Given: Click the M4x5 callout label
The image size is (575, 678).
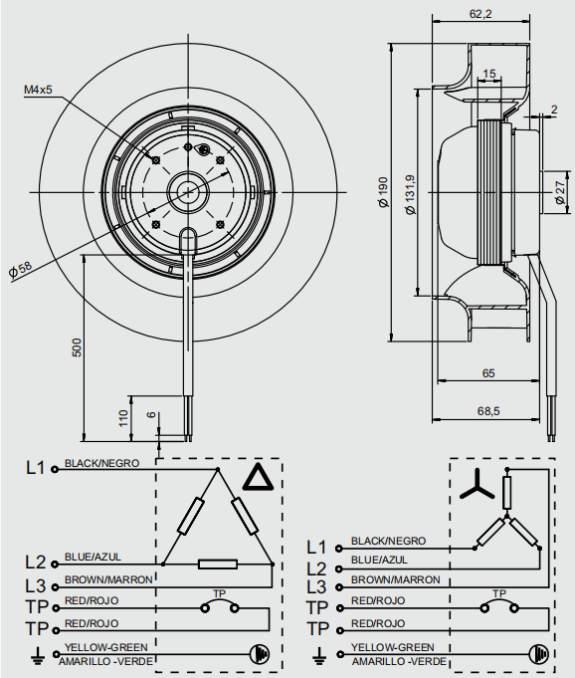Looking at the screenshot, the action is coord(38,90).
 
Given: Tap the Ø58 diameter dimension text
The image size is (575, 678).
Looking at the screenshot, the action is coord(20,269).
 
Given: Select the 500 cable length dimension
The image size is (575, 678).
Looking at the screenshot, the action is coord(76,347).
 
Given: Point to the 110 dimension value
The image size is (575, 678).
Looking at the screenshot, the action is coord(123,418).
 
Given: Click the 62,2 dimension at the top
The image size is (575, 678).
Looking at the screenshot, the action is coord(480,14).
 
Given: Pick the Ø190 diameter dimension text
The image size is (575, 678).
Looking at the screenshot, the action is coord(383,192).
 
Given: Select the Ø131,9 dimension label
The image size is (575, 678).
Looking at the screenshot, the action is coord(410,194).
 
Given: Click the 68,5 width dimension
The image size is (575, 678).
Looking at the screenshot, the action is coord(488,411).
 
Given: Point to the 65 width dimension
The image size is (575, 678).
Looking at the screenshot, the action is coord(488,372).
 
